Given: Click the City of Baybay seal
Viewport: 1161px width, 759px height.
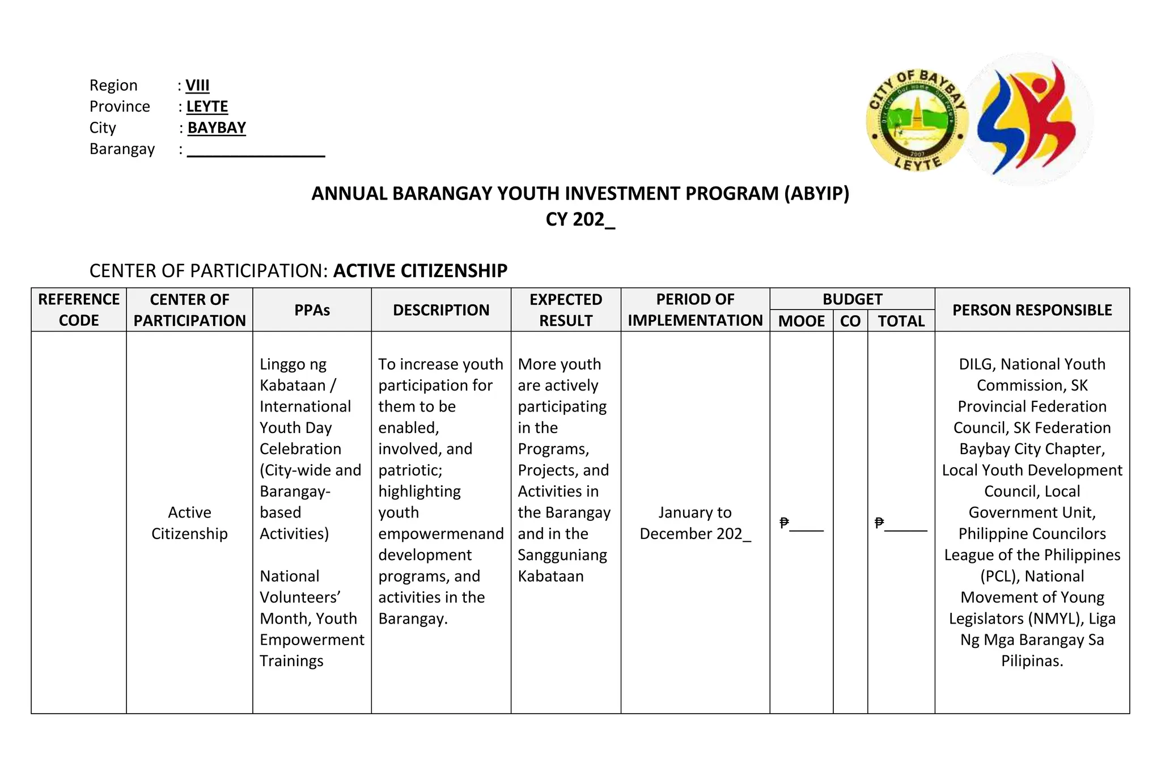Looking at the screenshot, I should [x=917, y=121].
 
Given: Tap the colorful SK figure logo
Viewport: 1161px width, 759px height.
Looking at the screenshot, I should [x=1029, y=120].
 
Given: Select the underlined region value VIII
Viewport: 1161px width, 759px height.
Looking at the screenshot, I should [x=197, y=86].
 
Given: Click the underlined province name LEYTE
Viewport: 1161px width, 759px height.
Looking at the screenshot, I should [x=207, y=107].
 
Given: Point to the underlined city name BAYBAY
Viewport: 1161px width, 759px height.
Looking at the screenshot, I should [x=217, y=128].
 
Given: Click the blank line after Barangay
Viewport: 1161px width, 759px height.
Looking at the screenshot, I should [x=256, y=150].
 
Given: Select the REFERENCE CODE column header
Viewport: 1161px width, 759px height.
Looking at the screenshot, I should [x=79, y=309].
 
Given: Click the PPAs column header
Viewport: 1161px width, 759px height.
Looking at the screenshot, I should [x=312, y=310].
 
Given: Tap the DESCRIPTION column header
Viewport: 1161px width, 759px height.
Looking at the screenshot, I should [x=441, y=310].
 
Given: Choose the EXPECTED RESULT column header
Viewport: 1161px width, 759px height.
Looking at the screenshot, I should [x=566, y=309].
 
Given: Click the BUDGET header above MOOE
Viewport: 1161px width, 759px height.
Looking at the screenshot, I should [x=852, y=299].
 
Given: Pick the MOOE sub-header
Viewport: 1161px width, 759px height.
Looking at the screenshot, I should [x=801, y=321].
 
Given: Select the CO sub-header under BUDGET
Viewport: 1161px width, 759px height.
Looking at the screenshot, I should [x=850, y=321].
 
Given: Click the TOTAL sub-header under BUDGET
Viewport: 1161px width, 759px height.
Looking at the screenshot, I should [x=901, y=321].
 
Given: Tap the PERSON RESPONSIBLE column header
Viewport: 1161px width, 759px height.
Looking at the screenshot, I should [x=1032, y=310].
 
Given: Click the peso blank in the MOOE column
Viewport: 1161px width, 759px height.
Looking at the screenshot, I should [x=802, y=523].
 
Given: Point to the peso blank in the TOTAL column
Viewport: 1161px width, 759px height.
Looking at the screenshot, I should [x=901, y=523].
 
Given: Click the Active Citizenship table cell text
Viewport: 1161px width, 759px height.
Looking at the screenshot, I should [x=189, y=523].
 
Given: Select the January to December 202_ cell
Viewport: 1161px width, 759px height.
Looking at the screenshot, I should [x=695, y=523].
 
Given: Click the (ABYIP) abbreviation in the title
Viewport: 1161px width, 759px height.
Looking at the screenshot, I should [x=817, y=194].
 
